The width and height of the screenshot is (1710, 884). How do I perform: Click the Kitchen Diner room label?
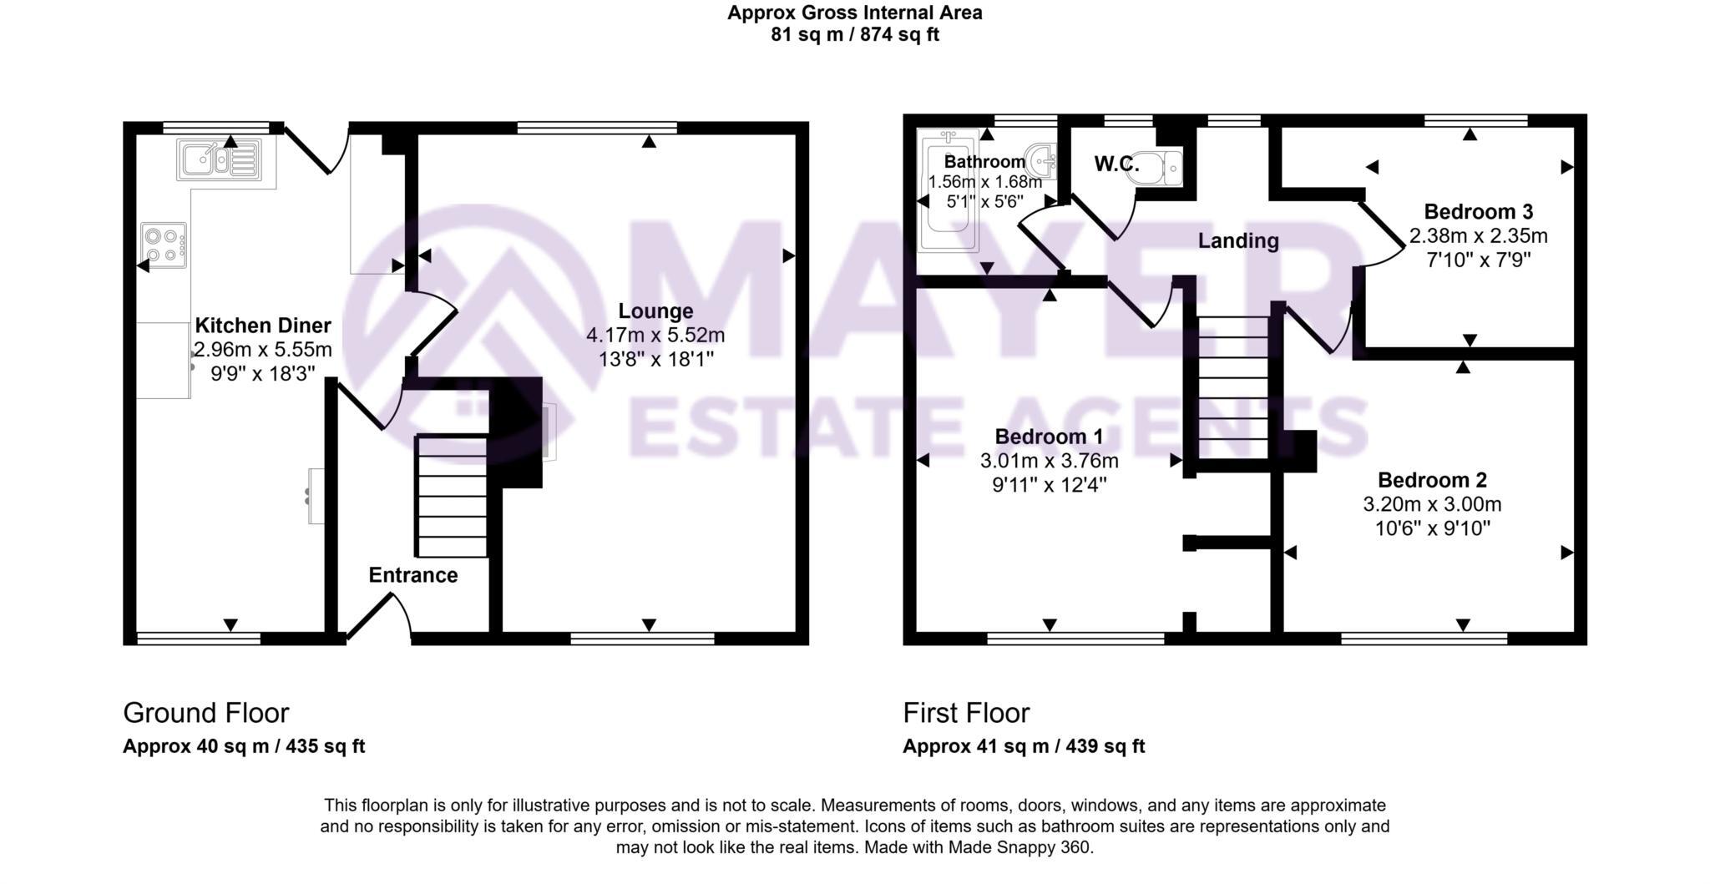263,326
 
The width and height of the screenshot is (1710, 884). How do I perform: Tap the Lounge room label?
655,311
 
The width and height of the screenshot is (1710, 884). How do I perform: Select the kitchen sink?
219,159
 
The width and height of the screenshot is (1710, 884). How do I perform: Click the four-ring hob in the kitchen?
164,245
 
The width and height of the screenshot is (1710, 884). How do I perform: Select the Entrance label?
413,575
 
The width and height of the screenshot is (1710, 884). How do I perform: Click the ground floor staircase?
452,496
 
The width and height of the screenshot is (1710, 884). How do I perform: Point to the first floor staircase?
1233,385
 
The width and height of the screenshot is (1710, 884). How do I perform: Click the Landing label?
1238,241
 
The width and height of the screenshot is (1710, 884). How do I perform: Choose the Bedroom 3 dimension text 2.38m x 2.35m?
1478,236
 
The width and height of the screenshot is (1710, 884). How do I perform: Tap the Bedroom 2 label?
1432,480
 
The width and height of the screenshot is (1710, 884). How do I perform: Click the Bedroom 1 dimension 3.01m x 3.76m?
1049,461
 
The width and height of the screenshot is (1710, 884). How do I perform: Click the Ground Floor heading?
205,713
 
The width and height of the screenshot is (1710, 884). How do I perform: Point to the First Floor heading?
966,713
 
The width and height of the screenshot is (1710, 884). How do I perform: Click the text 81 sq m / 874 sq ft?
855,35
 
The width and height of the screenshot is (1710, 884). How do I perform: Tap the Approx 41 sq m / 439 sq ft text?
1024,746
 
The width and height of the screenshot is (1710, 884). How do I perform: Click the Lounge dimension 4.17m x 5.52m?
655,336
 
